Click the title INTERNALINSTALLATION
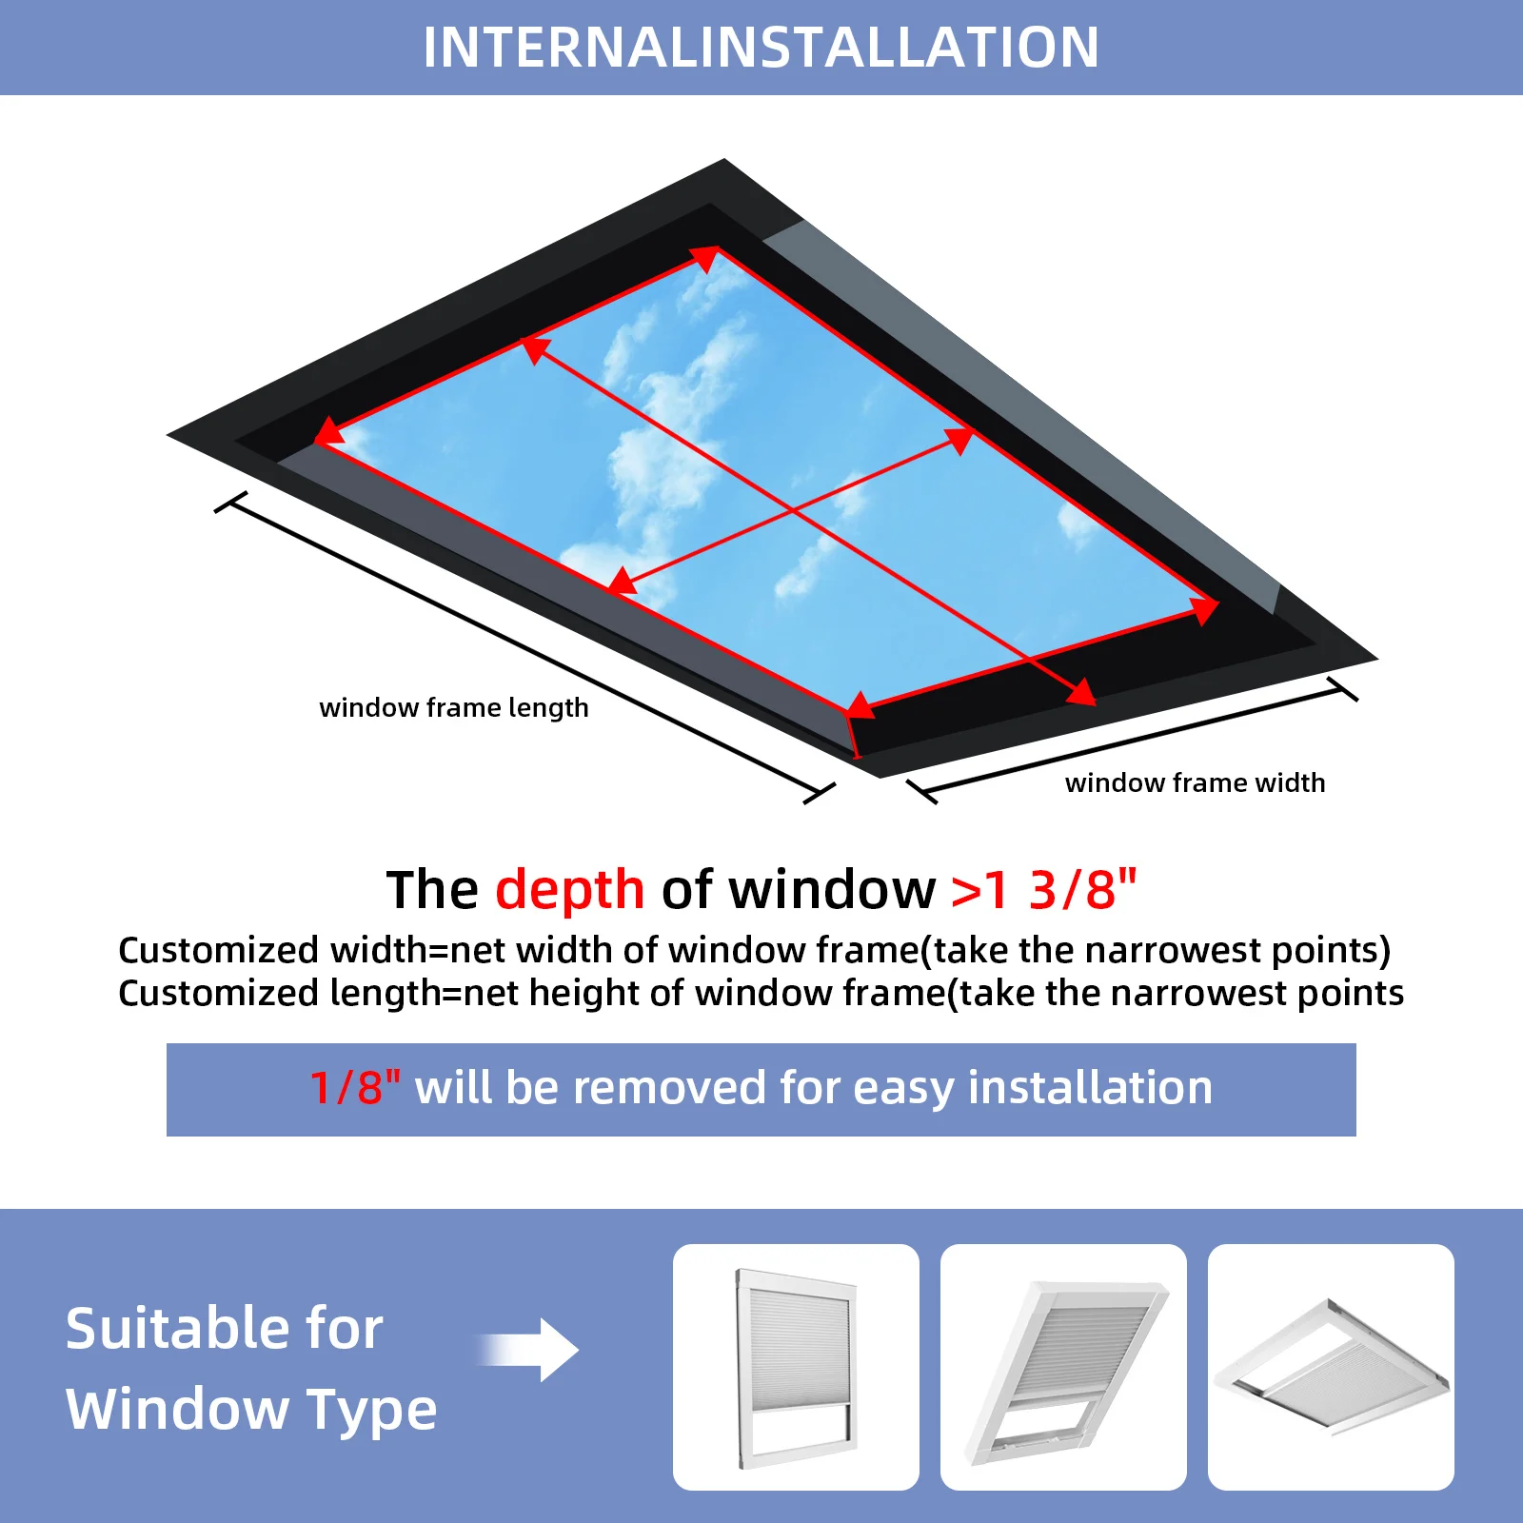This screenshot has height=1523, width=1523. (761, 47)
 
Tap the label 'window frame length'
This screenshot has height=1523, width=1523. (454, 708)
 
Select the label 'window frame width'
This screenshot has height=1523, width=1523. (1195, 782)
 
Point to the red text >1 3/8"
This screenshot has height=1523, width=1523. (1044, 889)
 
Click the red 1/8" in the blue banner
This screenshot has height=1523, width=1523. (355, 1087)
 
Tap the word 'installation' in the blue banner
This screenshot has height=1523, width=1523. (1090, 1088)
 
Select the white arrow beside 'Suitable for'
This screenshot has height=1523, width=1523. (528, 1350)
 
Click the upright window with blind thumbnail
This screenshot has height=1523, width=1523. (796, 1367)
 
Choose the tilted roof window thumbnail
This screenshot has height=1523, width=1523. (1063, 1367)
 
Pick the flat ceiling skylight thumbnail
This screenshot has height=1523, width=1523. (1331, 1367)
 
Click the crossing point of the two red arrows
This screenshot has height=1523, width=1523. (793, 512)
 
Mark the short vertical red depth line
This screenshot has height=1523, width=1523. (854, 735)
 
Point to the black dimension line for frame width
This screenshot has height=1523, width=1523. (1132, 739)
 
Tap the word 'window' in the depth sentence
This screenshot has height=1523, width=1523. (832, 890)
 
